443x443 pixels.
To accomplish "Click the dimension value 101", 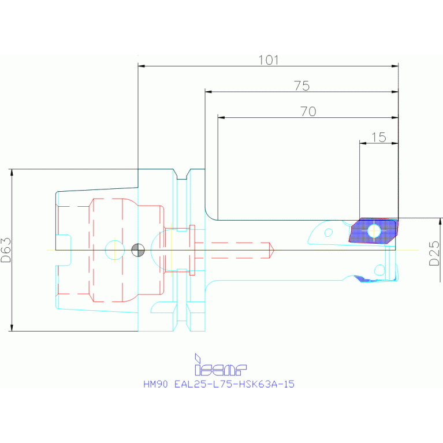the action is tap(269, 59).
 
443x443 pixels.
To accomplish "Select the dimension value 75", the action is tap(301, 86).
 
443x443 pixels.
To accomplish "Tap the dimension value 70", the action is tap(308, 112).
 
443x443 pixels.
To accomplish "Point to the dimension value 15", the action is tap(378, 137).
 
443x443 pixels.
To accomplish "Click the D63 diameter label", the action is tap(6, 250).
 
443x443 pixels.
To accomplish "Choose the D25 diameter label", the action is tap(434, 253).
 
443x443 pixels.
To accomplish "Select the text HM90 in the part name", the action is tap(155, 384).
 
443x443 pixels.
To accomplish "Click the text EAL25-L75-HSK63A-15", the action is tap(234, 384).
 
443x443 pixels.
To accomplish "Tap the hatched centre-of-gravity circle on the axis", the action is tap(137, 250).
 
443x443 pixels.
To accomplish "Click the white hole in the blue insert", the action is tap(374, 230).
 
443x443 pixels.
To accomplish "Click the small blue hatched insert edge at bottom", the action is tap(364, 278).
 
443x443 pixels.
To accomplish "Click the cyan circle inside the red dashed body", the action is tap(114, 250).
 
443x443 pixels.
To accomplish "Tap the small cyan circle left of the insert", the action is tap(329, 233).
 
